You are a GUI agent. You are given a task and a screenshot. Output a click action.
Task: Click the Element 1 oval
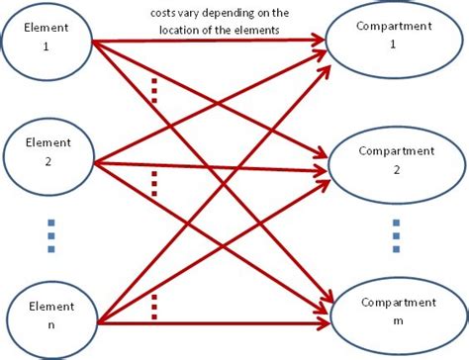click(x=47, y=38)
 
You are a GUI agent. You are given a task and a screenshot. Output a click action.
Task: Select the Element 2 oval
click(x=47, y=154)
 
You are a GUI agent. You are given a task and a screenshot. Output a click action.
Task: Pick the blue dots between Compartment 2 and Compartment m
click(x=396, y=234)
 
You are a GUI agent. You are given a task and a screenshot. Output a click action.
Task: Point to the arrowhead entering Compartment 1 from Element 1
click(x=320, y=42)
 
